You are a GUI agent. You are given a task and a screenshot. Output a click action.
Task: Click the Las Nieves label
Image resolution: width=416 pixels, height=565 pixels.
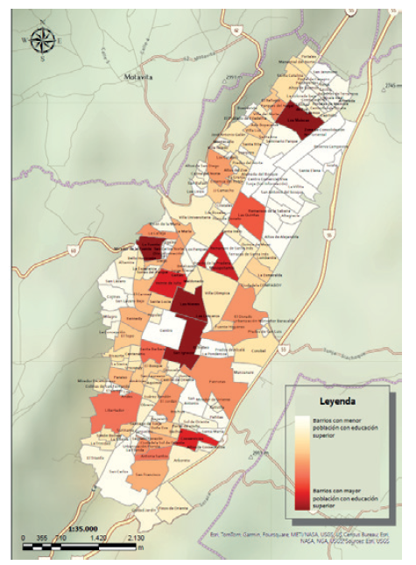pos(189,306)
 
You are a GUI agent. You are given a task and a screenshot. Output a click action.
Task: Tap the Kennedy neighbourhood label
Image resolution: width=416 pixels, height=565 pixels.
pos(134,319)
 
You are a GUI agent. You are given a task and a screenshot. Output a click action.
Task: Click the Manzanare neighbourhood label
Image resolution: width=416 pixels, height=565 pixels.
pos(243,373)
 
